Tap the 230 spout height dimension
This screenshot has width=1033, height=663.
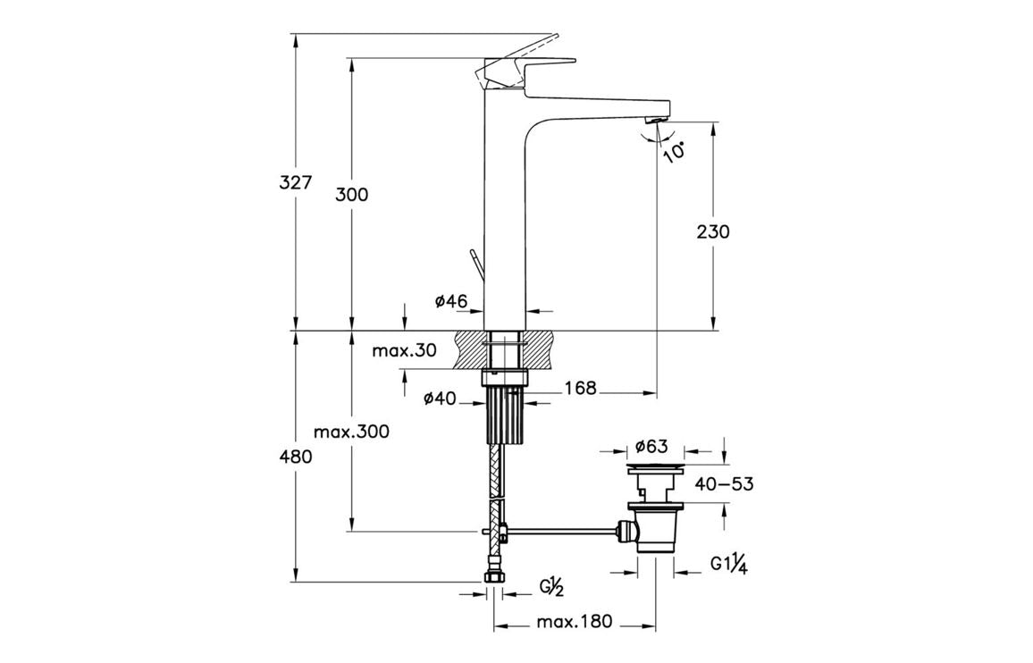(712, 231)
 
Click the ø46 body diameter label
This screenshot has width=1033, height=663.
(451, 302)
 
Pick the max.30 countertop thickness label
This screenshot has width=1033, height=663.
(405, 351)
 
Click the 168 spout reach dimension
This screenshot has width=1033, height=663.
(580, 388)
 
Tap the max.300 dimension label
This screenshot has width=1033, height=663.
(351, 432)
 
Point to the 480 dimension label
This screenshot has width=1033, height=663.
(295, 457)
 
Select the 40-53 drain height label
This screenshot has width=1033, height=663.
(724, 484)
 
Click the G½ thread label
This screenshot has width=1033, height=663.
(550, 587)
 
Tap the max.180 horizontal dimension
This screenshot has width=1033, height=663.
(575, 622)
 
